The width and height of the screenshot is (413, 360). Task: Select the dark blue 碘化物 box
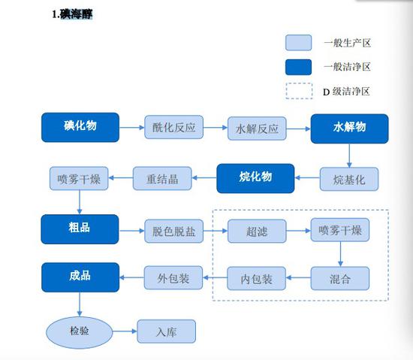tap(80, 127)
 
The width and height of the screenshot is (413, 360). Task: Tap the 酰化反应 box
tap(173, 128)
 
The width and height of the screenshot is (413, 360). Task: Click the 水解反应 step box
tap(257, 129)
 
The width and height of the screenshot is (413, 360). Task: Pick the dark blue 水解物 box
tap(349, 128)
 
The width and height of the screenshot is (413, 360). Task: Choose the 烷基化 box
tap(349, 179)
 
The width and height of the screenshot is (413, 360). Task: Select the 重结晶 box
tap(162, 179)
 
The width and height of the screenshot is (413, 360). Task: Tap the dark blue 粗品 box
tap(80, 228)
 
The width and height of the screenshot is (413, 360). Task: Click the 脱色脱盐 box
tap(173, 230)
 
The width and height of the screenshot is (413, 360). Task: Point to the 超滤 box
tap(257, 230)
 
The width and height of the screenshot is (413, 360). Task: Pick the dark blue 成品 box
tap(80, 277)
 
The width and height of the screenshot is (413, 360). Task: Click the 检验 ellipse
tap(79, 331)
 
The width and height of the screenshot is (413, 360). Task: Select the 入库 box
tap(166, 331)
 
